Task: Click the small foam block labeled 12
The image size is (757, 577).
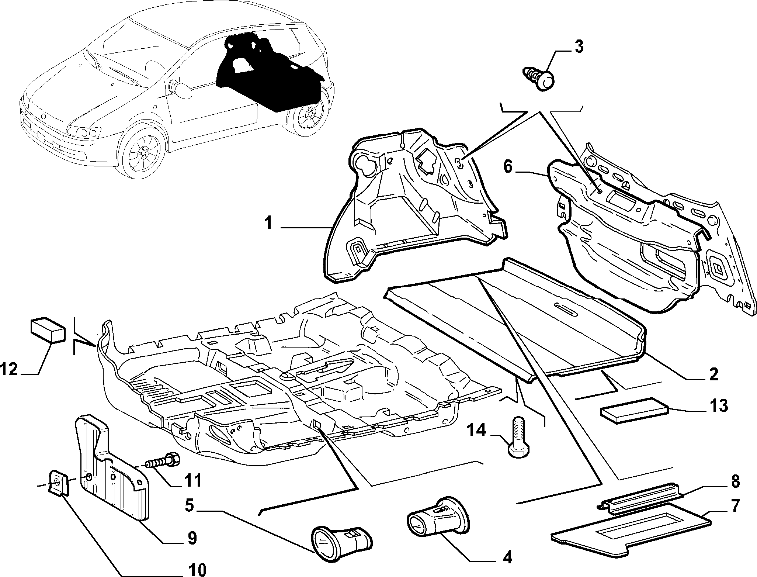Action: (x=48, y=329)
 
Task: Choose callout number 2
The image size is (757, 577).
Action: (x=714, y=374)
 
